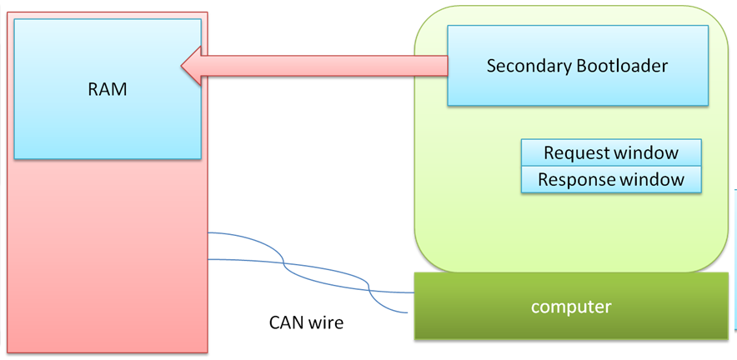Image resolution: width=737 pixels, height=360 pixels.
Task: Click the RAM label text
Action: (108, 89)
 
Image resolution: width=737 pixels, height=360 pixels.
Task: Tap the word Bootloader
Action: (622, 66)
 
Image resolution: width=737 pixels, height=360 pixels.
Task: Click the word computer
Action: (571, 307)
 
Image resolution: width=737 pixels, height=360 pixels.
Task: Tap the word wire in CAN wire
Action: (325, 322)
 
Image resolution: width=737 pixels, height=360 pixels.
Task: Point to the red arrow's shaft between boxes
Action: (333, 65)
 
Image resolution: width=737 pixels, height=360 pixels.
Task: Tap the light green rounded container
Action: (467, 208)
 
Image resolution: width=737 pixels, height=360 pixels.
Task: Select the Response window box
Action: (611, 180)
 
